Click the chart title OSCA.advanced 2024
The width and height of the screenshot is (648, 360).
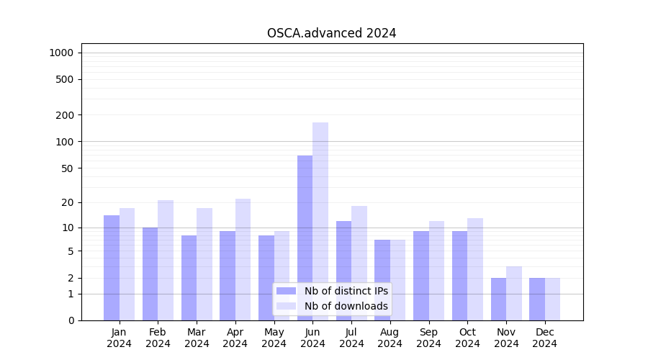331,33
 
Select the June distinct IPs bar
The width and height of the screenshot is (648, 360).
305,238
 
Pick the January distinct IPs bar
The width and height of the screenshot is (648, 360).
112,268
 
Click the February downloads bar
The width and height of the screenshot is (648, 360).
166,260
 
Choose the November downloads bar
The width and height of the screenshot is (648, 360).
514,293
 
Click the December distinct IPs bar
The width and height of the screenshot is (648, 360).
537,299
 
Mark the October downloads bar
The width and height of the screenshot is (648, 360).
475,269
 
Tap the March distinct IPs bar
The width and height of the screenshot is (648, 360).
189,278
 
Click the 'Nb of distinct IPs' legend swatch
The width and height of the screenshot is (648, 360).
286,291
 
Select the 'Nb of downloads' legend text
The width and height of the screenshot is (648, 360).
346,306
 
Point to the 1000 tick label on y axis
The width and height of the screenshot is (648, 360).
61,53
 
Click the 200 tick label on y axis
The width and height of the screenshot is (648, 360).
65,115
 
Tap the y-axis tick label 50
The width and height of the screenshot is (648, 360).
68,168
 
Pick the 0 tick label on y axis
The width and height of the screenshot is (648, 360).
71,320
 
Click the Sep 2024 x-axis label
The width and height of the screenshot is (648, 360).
428,338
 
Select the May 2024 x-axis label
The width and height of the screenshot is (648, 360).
274,338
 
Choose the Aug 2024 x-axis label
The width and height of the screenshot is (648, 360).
390,338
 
